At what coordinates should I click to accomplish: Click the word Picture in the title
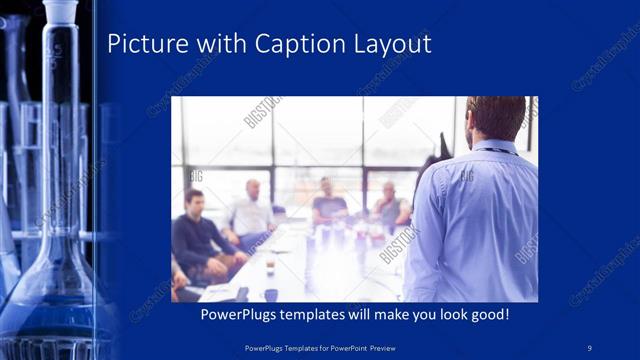[x=144, y=44]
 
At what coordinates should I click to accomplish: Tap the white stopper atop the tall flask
[x=60, y=12]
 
